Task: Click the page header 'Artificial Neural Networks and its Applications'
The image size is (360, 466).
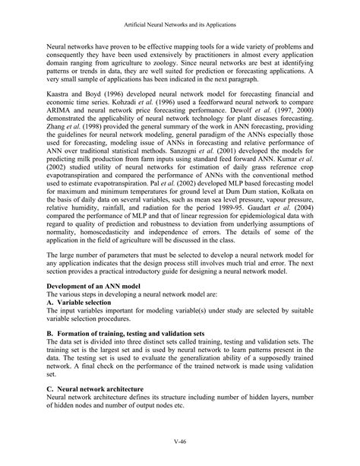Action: click(179, 24)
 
